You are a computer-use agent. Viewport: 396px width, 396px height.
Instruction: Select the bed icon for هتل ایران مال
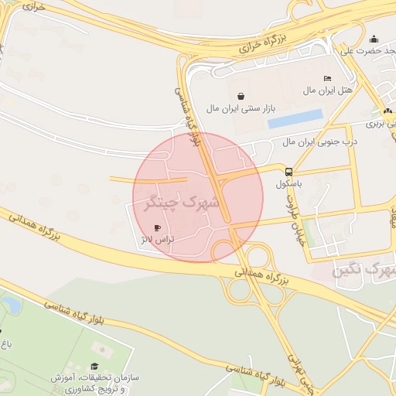(x=327, y=79)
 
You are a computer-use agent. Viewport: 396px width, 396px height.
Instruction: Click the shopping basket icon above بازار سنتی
(x=242, y=97)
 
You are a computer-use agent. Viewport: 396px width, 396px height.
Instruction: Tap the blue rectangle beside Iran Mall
(x=295, y=118)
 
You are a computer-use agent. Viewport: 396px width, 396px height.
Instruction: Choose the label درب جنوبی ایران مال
(x=309, y=142)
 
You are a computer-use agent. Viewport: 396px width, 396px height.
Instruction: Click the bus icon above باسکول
(x=288, y=172)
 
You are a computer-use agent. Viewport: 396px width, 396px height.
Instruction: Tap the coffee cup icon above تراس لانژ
(x=159, y=228)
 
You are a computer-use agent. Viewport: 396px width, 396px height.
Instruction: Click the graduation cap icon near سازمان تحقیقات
(x=94, y=367)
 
